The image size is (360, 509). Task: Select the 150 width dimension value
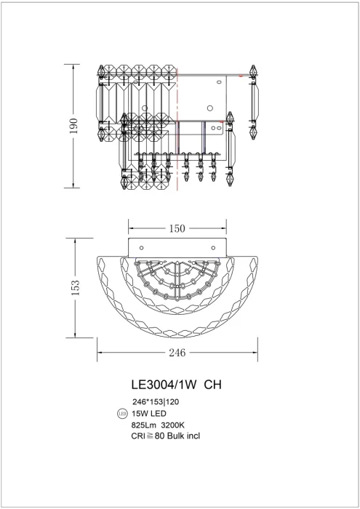tap(178, 228)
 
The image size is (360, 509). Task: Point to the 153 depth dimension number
tap(73, 288)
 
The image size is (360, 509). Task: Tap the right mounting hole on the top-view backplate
tap(213, 247)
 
